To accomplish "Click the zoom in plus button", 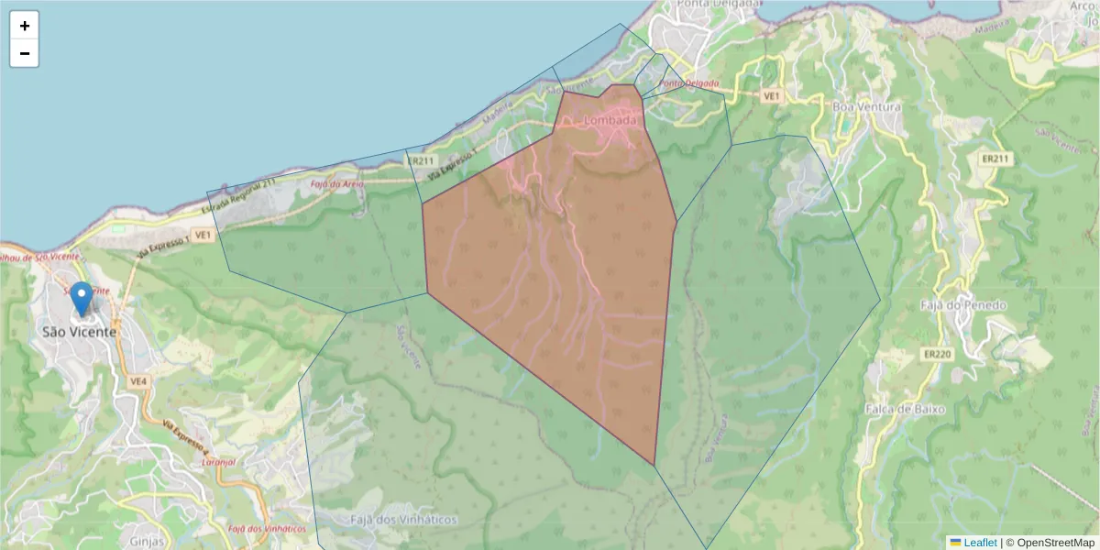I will tap(24, 26).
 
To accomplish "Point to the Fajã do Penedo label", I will tap(963, 305).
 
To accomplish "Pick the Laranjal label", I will tap(218, 462).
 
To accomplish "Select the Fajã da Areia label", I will tap(337, 184).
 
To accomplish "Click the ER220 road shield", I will tap(937, 353).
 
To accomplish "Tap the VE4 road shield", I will tap(138, 380).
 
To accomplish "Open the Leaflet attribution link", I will tap(979, 543).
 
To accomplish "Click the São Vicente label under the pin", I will tap(80, 332).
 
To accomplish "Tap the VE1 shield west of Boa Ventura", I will tap(771, 95).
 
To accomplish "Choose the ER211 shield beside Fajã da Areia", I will tap(420, 160).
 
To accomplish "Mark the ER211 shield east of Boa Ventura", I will tap(995, 159).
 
